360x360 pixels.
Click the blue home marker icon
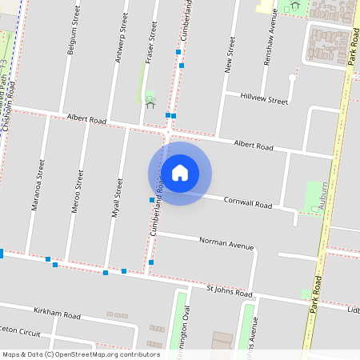click(x=180, y=173)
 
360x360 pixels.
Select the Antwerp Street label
click(x=121, y=33)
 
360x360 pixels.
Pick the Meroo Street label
click(x=79, y=186)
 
